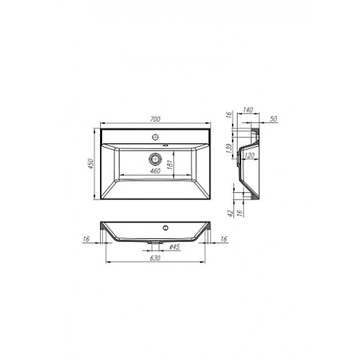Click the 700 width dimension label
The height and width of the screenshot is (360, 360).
155,119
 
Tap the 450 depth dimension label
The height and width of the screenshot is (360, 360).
91,163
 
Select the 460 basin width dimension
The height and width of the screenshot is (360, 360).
155,171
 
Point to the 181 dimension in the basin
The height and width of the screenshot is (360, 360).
170,165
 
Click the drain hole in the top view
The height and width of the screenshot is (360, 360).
155,158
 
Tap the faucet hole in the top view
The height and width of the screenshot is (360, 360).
156,138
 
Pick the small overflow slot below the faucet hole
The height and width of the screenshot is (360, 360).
166,145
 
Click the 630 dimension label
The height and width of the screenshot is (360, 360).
155,258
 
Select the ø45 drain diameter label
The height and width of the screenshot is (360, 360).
174,247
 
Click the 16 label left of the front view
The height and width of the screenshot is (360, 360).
86,239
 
